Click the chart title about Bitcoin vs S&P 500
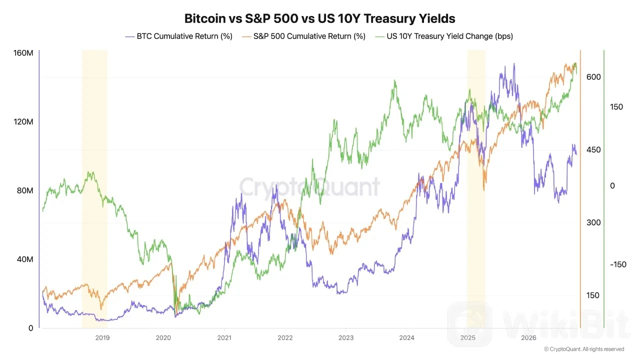point(319,18)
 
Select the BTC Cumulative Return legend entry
point(179,36)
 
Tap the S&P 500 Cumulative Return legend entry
point(303,36)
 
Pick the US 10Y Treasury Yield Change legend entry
point(444,36)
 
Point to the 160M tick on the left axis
point(23,53)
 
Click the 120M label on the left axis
point(23,121)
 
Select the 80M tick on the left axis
point(25,190)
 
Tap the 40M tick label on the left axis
point(25,259)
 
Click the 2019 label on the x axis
point(102,338)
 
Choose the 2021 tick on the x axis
point(224,338)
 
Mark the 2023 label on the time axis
point(346,338)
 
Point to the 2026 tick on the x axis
point(528,338)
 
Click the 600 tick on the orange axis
point(593,77)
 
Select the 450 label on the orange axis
point(593,149)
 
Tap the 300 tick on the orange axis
point(593,222)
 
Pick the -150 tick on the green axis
point(618,264)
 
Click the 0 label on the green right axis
point(612,186)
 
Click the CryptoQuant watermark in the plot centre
point(309,187)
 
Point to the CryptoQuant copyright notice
point(584,349)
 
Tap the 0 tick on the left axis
point(31,328)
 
